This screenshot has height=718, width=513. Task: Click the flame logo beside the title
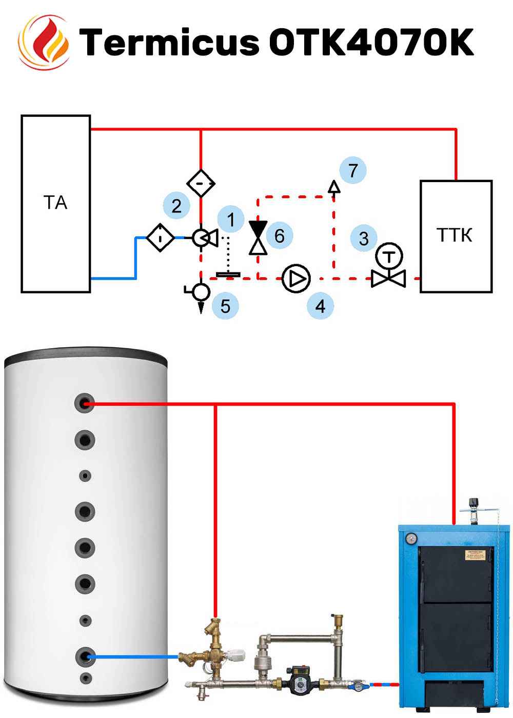[44, 42]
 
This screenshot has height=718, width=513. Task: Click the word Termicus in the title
[170, 42]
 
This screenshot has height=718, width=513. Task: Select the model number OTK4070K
[371, 42]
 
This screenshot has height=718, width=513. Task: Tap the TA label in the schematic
[55, 203]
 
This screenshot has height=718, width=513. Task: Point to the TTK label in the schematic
[455, 235]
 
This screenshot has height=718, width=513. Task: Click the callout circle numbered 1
[230, 220]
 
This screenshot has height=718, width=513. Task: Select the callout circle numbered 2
[176, 206]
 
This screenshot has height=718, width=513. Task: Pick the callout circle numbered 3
[364, 238]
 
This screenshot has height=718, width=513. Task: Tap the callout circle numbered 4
[320, 306]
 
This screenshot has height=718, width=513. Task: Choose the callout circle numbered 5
[225, 306]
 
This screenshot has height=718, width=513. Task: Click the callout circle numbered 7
[352, 170]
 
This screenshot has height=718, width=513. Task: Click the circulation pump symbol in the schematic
[296, 278]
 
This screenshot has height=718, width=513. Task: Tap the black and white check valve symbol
[258, 237]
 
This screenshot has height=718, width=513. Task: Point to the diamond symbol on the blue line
[161, 237]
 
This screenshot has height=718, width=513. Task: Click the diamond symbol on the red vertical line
[201, 183]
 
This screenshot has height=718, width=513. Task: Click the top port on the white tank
[85, 404]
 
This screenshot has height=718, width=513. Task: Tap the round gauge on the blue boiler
[411, 538]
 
